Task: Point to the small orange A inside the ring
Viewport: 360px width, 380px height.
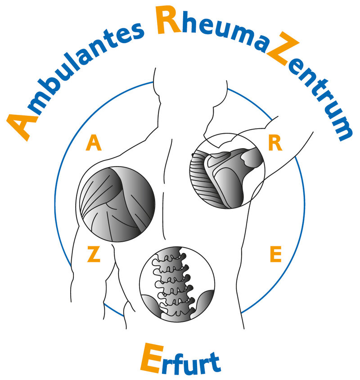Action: pos(93,144)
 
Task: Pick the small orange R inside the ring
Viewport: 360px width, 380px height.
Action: pos(274,144)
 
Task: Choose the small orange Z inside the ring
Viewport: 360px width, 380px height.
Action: pos(93,255)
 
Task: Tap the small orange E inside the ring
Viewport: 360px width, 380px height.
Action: pos(275,255)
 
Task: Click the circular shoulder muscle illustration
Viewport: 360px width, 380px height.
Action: pos(117,204)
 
